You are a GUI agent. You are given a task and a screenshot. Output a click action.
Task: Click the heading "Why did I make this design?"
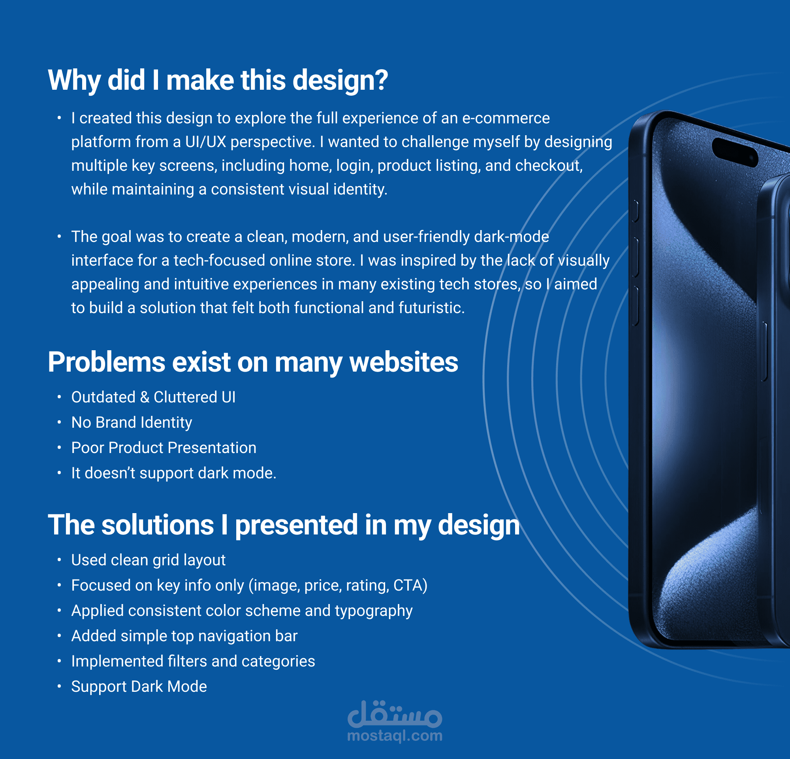218,80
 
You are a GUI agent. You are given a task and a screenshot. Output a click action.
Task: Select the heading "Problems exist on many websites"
253,362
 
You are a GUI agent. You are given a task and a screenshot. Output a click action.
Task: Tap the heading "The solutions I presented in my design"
284,525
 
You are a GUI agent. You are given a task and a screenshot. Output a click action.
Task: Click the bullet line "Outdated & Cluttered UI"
153,397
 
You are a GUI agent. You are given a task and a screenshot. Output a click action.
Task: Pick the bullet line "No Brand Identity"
132,423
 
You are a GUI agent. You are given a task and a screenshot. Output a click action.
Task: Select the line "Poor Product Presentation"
164,448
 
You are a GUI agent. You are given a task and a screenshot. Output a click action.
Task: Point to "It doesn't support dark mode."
174,473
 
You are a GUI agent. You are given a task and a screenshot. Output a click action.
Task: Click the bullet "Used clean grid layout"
149,561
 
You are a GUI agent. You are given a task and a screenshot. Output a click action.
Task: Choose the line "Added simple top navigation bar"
184,636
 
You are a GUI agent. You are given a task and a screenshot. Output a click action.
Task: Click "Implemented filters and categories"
193,661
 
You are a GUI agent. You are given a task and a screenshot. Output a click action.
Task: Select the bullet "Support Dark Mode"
139,687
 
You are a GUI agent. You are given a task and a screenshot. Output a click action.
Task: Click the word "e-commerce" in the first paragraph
506,118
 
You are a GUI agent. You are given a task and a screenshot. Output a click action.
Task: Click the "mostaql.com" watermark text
395,736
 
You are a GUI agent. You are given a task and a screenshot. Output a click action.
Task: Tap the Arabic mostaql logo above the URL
395,714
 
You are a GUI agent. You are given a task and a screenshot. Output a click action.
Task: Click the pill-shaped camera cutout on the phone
735,153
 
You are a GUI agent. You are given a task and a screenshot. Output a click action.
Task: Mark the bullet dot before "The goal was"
59,236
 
